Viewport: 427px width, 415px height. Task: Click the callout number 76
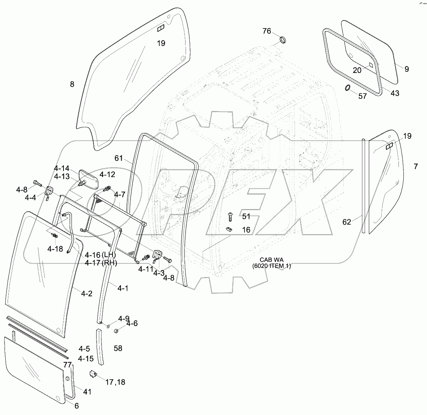point(267,31)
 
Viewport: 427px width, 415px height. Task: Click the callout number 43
point(395,93)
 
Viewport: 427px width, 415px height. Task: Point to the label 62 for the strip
point(347,222)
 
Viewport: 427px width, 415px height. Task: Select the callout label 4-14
point(62,169)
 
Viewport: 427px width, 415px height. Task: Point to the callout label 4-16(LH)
point(100,255)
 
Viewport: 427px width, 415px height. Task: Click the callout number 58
point(118,348)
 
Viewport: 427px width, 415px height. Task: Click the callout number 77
point(68,365)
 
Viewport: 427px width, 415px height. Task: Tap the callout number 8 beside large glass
point(72,84)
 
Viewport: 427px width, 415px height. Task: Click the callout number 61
point(119,158)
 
